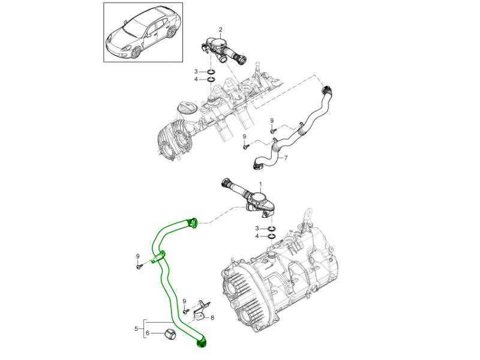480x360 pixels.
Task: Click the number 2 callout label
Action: coord(220,29)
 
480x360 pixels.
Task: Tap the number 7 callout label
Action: coord(286,158)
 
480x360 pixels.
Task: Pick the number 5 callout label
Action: coord(137,328)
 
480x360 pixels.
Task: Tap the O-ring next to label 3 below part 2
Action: coord(211,71)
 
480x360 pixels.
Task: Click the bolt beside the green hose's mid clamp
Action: coord(139,264)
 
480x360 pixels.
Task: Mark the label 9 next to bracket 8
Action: coord(185,301)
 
